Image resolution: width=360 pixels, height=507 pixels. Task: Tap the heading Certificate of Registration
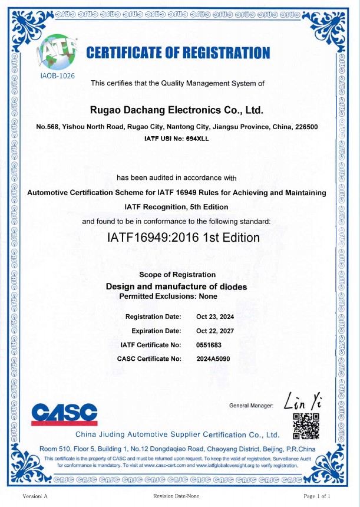click(x=178, y=54)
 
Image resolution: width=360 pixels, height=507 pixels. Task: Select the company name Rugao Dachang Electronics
click(x=176, y=110)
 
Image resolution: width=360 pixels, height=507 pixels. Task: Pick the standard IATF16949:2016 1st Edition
click(x=183, y=238)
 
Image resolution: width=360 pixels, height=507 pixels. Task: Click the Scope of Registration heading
click(x=177, y=275)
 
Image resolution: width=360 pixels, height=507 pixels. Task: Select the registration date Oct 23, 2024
click(x=214, y=317)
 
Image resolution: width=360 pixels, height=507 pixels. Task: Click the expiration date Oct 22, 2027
click(x=214, y=331)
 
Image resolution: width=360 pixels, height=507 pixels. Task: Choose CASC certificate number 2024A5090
click(x=213, y=358)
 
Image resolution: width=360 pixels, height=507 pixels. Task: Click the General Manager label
click(x=252, y=406)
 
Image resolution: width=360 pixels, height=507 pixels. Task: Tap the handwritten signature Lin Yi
click(x=301, y=401)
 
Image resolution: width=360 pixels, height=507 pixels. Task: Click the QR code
click(x=306, y=425)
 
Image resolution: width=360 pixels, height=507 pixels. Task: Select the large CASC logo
click(x=65, y=413)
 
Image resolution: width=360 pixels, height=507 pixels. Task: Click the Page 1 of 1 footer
click(x=321, y=496)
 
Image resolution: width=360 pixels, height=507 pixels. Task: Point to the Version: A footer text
click(x=35, y=496)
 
